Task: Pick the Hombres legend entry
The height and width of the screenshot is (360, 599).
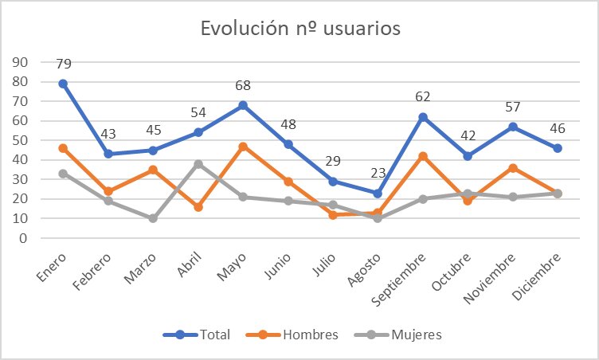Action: [x=299, y=335]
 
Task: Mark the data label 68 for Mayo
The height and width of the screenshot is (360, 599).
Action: [x=244, y=84]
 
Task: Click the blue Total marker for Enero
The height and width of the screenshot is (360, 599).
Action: [x=62, y=84]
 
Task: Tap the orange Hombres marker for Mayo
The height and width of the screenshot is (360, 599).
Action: [x=244, y=147]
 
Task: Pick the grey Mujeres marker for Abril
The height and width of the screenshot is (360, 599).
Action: [x=198, y=164]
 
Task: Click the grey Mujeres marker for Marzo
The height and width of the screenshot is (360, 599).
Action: [x=153, y=218]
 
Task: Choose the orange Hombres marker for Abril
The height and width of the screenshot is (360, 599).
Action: [x=198, y=206]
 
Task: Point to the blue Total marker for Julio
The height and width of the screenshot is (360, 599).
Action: [x=334, y=182]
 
